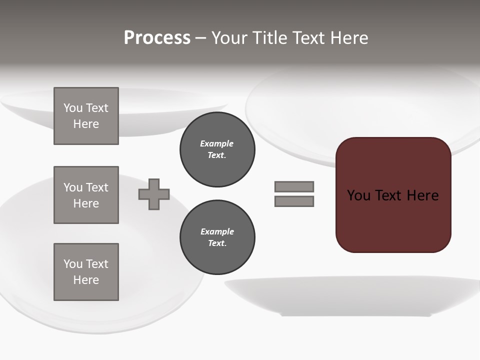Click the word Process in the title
(x=157, y=38)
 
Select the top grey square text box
(x=86, y=116)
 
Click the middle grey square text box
(x=86, y=195)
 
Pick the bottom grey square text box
(x=86, y=272)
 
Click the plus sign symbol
(x=154, y=194)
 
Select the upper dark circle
(x=217, y=149)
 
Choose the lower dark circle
(x=217, y=237)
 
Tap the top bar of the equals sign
(x=294, y=186)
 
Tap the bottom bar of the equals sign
(x=294, y=201)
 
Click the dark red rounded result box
(x=393, y=220)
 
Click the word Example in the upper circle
(x=216, y=143)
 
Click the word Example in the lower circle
(x=217, y=231)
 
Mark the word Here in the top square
(x=86, y=124)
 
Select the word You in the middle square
(x=72, y=187)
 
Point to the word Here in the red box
(x=422, y=195)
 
